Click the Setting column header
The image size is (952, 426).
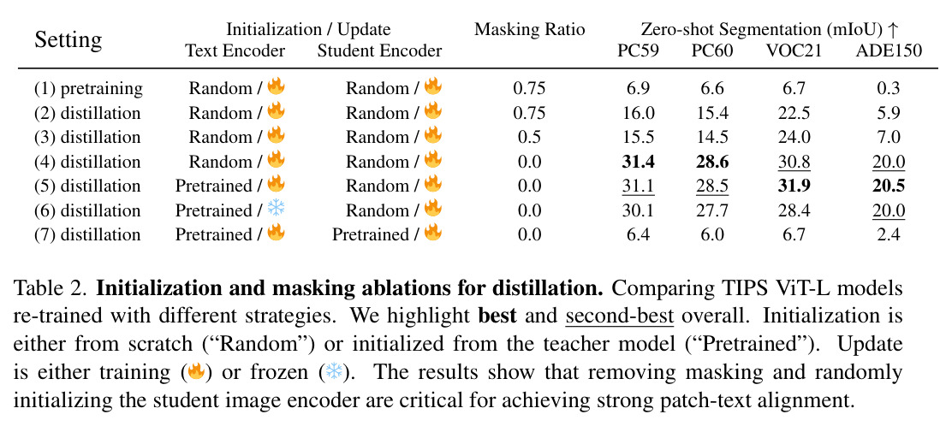coord(68,40)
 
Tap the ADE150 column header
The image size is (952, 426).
coord(889,51)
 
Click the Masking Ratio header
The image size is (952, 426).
coord(529,29)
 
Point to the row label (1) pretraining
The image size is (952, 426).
coord(89,89)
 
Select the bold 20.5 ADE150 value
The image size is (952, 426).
coord(889,186)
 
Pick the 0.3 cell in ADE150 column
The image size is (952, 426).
coord(889,89)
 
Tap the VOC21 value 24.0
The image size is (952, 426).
coord(794,137)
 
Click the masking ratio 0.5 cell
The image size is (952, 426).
coord(529,137)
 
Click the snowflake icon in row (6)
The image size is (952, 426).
coord(277,210)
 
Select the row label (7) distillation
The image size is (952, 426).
coord(87,235)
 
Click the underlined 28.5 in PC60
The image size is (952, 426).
coord(712,186)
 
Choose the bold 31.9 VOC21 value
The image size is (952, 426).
coord(794,186)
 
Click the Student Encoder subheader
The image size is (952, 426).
coord(379,51)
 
